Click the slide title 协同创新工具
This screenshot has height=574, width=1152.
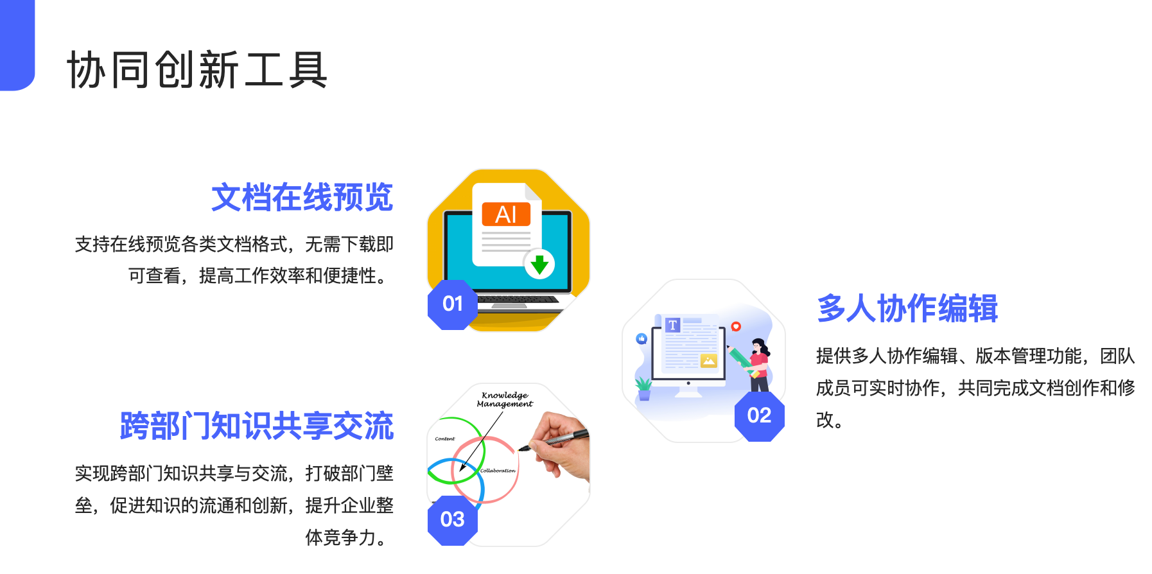pos(197,69)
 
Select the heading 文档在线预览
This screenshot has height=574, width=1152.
pos(302,197)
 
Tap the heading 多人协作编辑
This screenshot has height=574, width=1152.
pos(907,308)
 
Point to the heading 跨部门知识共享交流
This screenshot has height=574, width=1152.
pos(257,426)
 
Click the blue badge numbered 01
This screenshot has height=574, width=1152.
pos(453,304)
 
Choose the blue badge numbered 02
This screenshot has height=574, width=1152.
pos(760,416)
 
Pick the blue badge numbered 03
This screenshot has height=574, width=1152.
pos(453,520)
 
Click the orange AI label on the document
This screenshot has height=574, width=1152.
pos(506,214)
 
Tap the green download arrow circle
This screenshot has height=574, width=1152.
pos(539,263)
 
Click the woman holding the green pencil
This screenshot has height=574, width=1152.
pos(755,364)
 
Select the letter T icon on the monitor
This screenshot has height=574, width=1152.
pos(672,326)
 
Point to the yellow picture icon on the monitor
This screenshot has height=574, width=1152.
pos(709,361)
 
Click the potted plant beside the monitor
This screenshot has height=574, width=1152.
pos(643,388)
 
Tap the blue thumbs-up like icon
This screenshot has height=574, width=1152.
pos(641,338)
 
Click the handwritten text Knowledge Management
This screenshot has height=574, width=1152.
pos(505,399)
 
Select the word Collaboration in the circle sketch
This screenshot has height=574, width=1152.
pos(498,471)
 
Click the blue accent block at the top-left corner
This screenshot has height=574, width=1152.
pos(17,45)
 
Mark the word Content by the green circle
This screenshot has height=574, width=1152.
pos(445,439)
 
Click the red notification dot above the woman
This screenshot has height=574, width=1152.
pos(736,327)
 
